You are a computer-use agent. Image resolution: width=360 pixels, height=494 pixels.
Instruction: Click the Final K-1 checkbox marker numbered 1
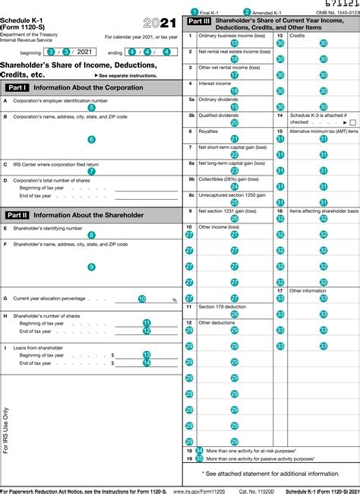tap(194, 12)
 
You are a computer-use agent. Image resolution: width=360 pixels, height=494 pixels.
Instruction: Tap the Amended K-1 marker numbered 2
tap(247, 12)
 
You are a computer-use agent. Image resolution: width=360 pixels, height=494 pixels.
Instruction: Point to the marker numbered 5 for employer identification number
tap(92, 108)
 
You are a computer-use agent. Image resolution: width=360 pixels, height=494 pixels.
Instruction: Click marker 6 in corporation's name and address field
tap(92, 140)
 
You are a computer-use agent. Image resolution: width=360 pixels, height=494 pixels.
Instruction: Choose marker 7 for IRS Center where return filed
tap(92, 172)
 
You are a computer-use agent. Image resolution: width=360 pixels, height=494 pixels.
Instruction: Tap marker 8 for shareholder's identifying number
tap(92, 236)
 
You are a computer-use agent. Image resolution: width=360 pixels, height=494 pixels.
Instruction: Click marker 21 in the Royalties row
tap(234, 139)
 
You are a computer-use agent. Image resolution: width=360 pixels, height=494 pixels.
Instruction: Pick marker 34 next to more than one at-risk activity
tap(199, 451)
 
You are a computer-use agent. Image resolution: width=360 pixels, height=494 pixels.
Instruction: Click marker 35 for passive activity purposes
tap(199, 459)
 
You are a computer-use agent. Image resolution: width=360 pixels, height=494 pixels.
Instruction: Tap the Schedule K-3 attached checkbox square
tap(352, 122)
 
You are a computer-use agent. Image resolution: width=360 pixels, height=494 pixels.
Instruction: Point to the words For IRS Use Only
tap(7, 429)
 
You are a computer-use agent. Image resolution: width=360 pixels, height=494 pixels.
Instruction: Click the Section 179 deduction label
tap(222, 307)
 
